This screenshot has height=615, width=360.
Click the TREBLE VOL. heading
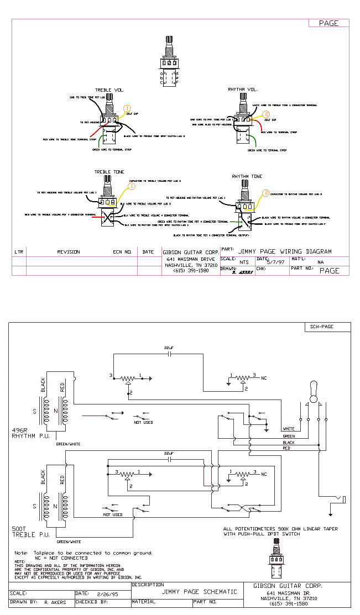[109, 90]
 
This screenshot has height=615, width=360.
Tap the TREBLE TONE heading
[109, 172]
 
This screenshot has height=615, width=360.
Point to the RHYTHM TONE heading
[247, 176]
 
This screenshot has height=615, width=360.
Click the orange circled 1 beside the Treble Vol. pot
[127, 108]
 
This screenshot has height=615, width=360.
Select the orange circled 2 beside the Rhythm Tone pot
[265, 193]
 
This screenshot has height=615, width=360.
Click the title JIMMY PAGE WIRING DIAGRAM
[285, 251]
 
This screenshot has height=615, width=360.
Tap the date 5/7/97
[275, 262]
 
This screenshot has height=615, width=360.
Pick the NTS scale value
[244, 262]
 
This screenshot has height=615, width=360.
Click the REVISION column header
[69, 252]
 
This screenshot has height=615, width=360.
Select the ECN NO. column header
[123, 252]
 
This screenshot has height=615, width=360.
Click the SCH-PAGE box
[321, 327]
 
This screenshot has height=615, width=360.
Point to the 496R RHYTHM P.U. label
[30, 433]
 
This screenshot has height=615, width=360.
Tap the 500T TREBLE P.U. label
[30, 532]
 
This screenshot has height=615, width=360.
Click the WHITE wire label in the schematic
[289, 429]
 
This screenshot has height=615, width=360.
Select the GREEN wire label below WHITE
[289, 436]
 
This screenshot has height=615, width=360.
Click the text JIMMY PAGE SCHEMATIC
[199, 592]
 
